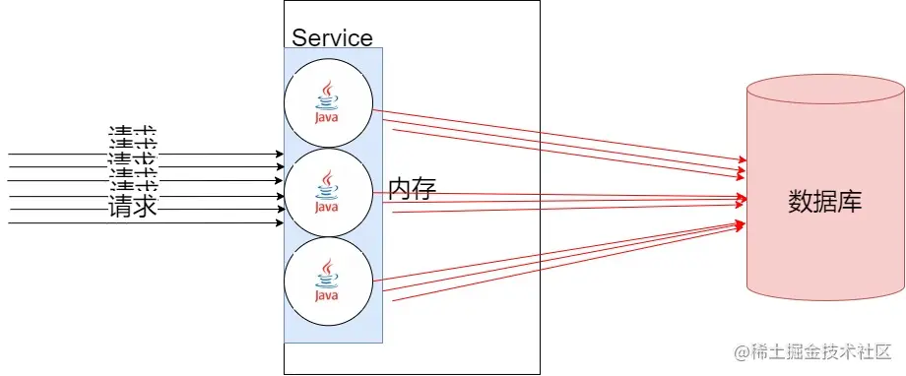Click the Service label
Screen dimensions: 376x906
tap(332, 38)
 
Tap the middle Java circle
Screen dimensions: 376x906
tap(328, 192)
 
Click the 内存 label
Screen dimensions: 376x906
tap(412, 188)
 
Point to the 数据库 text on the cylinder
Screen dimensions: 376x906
tap(825, 202)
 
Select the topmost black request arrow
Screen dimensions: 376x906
tap(148, 155)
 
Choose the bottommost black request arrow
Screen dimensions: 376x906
tap(148, 223)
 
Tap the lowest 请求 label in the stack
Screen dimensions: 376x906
tap(133, 208)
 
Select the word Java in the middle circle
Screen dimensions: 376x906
tap(327, 207)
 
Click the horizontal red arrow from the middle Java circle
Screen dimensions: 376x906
tap(551, 195)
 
